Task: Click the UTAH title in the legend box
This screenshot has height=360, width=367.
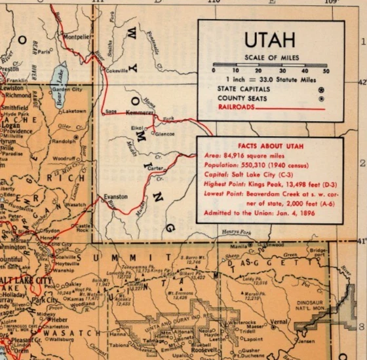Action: pos(269,41)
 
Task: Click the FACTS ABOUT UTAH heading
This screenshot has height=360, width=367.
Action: pos(270,143)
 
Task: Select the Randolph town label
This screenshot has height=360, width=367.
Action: pos(64,141)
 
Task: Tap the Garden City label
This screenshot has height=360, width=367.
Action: pos(67,90)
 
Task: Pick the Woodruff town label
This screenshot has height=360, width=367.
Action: pos(64,158)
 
